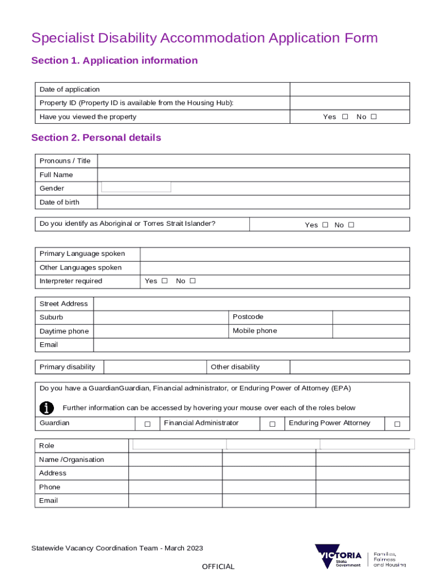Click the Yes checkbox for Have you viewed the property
(x=345, y=117)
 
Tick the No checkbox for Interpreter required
(x=192, y=281)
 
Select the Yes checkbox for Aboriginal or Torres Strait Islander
(x=325, y=225)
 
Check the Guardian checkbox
(x=147, y=424)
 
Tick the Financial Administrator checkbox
(x=272, y=424)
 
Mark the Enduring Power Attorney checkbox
(x=397, y=424)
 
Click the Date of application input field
(x=350, y=90)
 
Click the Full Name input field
(x=253, y=175)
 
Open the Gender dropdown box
(x=136, y=187)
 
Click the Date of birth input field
(x=253, y=203)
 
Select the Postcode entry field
(x=371, y=317)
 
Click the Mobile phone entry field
(x=371, y=331)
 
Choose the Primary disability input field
(x=155, y=367)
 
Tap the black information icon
(x=47, y=408)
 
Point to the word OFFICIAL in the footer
(x=218, y=566)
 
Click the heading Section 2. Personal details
(x=96, y=138)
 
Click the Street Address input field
(x=251, y=304)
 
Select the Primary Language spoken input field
(x=275, y=254)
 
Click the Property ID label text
(x=136, y=103)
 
